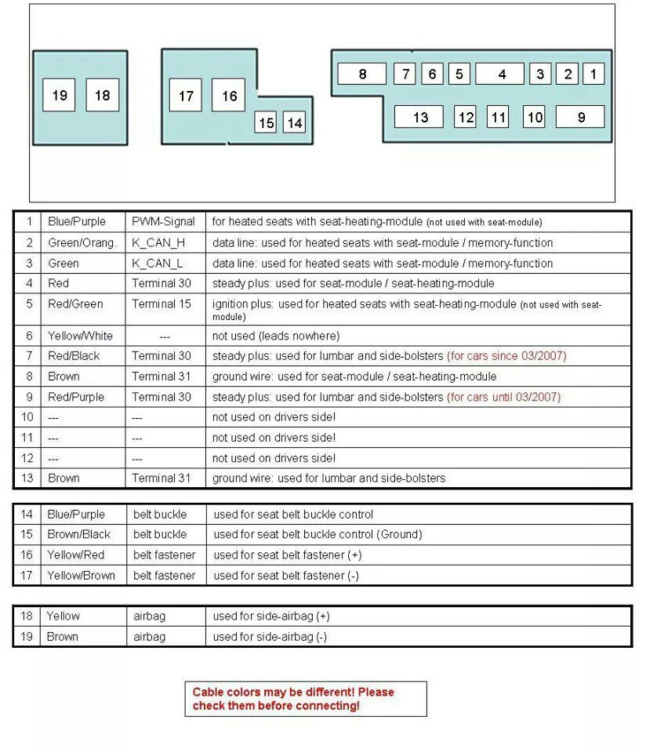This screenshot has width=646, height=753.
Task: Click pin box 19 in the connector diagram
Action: pyautogui.click(x=59, y=96)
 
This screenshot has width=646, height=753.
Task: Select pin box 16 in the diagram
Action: pyautogui.click(x=228, y=96)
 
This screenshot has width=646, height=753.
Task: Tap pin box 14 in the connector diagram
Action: pyautogui.click(x=294, y=123)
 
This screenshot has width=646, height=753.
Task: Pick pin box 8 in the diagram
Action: pyautogui.click(x=361, y=75)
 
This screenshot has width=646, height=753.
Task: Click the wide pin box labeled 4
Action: pyautogui.click(x=500, y=75)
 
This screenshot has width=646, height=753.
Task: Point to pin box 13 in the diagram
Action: pyautogui.click(x=419, y=117)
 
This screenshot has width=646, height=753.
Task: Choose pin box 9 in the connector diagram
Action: pyautogui.click(x=580, y=117)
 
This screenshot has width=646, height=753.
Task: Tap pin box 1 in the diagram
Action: pyautogui.click(x=593, y=75)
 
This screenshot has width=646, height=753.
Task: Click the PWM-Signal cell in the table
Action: pyautogui.click(x=163, y=222)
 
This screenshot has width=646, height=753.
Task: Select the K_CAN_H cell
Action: pyautogui.click(x=158, y=243)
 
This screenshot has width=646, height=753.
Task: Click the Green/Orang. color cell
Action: pyautogui.click(x=82, y=243)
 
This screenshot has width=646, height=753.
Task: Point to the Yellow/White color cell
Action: pyautogui.click(x=80, y=336)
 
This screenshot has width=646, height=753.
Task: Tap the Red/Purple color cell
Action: pyautogui.click(x=76, y=397)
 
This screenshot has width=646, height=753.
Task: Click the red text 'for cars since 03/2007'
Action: pyautogui.click(x=506, y=356)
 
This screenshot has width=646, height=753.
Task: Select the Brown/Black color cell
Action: pyautogui.click(x=79, y=534)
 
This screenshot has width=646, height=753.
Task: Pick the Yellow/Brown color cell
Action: pyautogui.click(x=81, y=575)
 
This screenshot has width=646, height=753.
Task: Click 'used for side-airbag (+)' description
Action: pyautogui.click(x=271, y=617)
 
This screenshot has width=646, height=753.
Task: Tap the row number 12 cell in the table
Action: pyautogui.click(x=27, y=458)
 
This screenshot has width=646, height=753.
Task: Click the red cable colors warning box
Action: pyautogui.click(x=306, y=698)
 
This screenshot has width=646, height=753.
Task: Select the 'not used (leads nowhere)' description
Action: pyautogui.click(x=276, y=336)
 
